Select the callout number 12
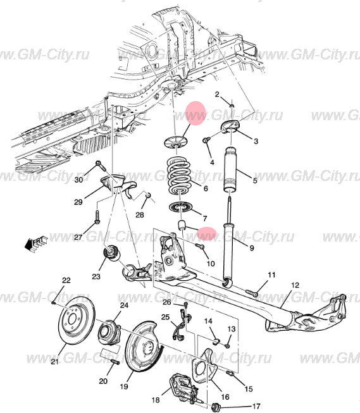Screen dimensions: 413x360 [x=295, y=285]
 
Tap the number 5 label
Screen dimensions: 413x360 [x=255, y=181]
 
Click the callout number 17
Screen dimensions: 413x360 [x=256, y=406]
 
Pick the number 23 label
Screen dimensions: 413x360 [x=96, y=276]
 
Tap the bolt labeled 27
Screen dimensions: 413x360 [x=97, y=217]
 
